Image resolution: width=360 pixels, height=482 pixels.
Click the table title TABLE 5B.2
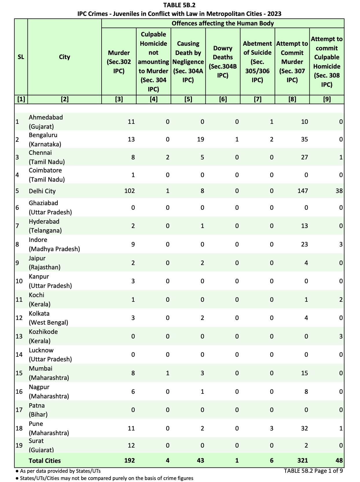coord(179,5)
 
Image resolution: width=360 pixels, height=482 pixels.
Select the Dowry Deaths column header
coord(223,62)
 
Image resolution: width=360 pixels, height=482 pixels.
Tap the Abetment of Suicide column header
coord(257,62)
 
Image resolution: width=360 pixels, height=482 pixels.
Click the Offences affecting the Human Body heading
coord(223,23)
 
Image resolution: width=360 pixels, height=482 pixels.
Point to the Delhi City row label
coord(42,191)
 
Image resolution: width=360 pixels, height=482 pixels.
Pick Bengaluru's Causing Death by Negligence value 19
coord(200,139)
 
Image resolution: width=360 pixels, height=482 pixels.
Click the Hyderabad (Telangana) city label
coord(45,226)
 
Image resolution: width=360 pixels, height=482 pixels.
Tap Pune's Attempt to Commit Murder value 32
coord(304,428)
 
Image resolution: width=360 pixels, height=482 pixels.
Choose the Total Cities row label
coord(45,461)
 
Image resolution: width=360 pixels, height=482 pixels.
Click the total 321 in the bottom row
coord(302,461)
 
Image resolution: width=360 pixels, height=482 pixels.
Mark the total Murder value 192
coord(129,461)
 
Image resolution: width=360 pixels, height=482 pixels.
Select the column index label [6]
coord(223,99)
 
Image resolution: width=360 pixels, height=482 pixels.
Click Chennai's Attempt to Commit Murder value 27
coord(304,157)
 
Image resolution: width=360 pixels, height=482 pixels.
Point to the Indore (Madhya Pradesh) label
coord(54,244)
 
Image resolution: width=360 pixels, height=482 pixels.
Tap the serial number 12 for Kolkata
coord(19,318)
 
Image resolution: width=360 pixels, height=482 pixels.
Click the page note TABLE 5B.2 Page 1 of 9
coord(313,471)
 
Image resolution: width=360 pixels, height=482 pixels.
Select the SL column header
coord(21,57)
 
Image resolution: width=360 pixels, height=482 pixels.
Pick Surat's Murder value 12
coord(131,446)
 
